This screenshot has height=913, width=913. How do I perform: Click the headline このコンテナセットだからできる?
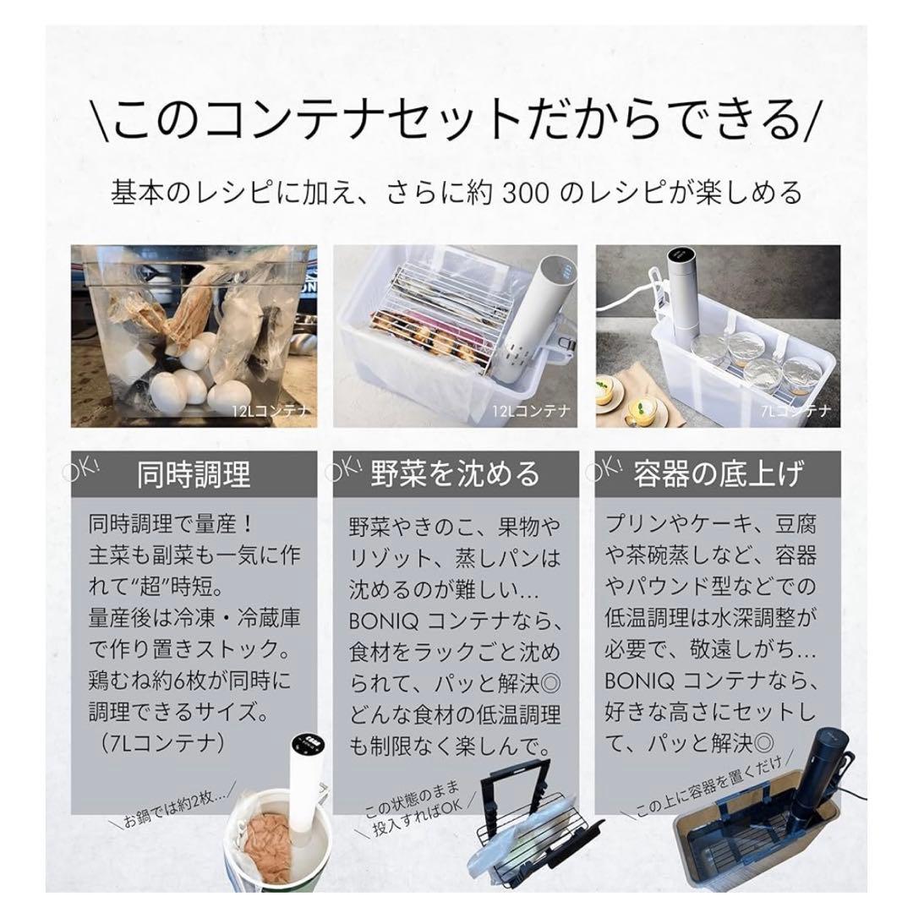[x=456, y=121]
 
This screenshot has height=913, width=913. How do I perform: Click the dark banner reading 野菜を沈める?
[x=456, y=474]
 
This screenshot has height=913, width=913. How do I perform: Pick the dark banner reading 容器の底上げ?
[x=718, y=474]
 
